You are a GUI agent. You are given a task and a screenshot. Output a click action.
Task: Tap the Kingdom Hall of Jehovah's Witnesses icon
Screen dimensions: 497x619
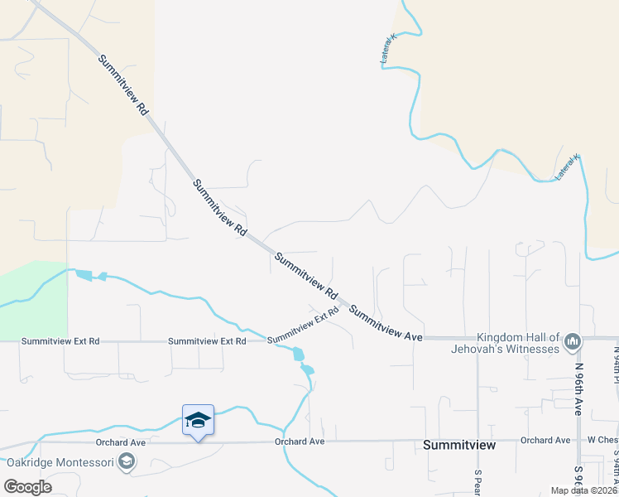(572, 340)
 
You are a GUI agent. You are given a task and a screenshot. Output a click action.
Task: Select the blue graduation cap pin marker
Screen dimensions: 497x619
(198, 421)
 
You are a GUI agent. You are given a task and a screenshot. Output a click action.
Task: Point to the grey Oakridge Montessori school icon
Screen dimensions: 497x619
(127, 461)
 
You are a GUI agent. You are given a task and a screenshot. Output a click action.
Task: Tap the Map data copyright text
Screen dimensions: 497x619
(583, 490)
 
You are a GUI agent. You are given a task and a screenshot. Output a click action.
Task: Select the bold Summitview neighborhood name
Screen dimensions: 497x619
(459, 445)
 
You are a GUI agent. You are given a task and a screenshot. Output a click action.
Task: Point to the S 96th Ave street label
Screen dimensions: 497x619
(578, 478)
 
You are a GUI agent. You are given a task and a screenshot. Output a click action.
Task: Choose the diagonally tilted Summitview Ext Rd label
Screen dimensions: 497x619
(304, 325)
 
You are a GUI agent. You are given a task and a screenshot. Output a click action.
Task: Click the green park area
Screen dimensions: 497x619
(33, 298)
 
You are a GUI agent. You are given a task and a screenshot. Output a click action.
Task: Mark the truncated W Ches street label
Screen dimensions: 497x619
(603, 440)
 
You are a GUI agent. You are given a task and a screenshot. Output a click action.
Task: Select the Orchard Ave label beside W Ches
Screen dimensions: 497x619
(545, 440)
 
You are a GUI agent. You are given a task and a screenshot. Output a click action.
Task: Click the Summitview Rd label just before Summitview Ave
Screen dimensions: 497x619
(307, 277)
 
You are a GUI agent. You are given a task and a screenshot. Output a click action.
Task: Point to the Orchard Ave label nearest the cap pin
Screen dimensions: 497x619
(299, 442)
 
